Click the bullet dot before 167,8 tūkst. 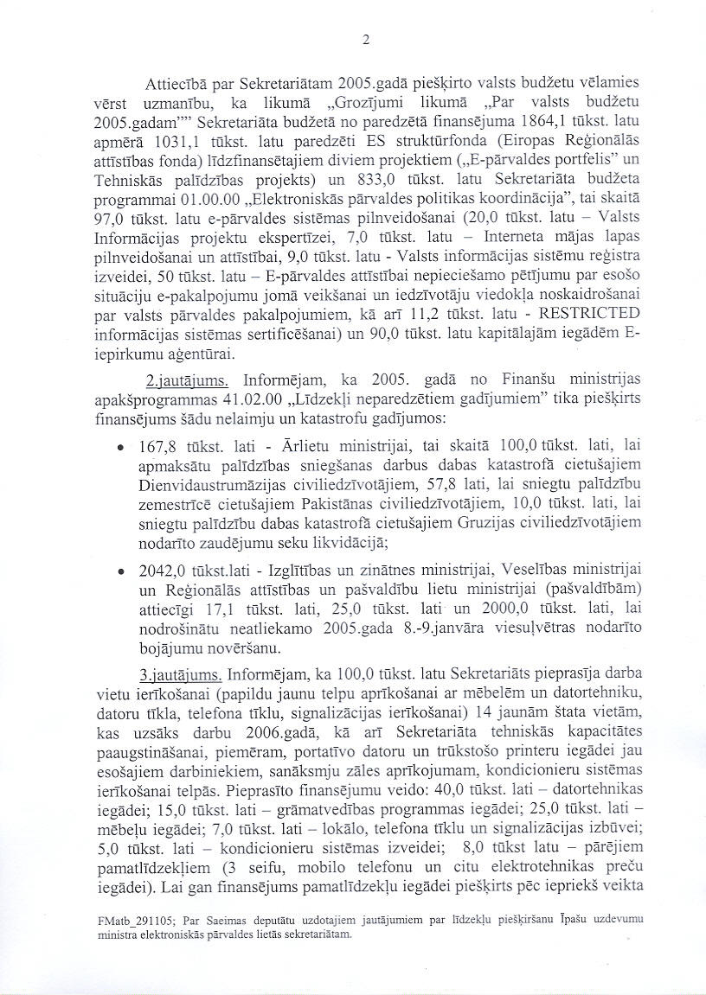(x=119, y=448)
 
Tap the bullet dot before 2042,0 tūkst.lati (x=119, y=572)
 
